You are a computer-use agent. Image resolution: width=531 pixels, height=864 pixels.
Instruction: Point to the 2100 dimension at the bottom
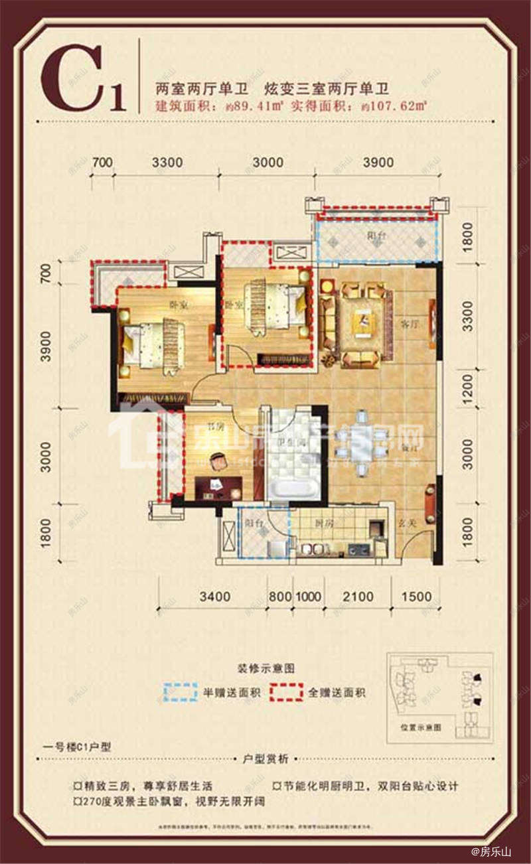click(x=358, y=597)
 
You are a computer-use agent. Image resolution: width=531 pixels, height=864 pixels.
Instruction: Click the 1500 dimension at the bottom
click(x=416, y=597)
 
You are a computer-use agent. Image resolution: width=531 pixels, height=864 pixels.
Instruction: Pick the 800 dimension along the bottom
click(x=279, y=597)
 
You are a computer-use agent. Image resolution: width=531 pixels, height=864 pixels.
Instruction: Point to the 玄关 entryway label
click(x=406, y=523)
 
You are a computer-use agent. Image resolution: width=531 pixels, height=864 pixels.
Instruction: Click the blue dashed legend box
click(x=181, y=692)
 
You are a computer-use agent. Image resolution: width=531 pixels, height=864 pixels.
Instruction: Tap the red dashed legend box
click(x=287, y=692)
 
